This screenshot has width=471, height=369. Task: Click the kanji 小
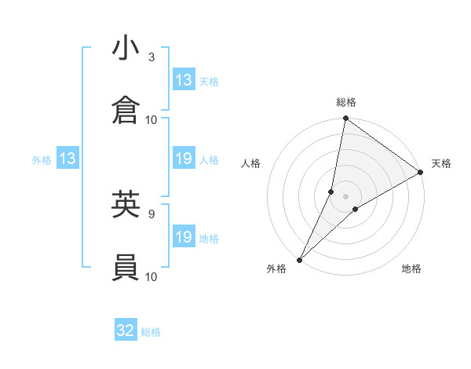tap(126, 49)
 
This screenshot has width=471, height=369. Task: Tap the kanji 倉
tap(126, 111)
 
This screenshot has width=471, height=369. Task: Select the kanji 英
tap(126, 204)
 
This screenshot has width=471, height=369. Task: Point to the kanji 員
tap(126, 268)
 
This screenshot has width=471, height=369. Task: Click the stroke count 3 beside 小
tap(152, 57)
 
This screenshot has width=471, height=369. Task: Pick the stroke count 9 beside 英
tap(152, 213)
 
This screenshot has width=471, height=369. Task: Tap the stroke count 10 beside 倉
tap(152, 120)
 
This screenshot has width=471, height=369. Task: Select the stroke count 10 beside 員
tap(152, 276)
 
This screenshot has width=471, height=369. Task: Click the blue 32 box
tap(126, 331)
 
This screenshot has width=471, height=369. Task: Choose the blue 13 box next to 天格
tap(184, 80)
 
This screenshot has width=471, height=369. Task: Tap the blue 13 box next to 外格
tap(68, 159)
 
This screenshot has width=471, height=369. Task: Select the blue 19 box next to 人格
tap(184, 159)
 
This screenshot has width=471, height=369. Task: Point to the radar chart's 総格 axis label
tap(346, 102)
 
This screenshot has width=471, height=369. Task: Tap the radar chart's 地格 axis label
tap(411, 269)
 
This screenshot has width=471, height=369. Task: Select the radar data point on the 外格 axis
tap(299, 259)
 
